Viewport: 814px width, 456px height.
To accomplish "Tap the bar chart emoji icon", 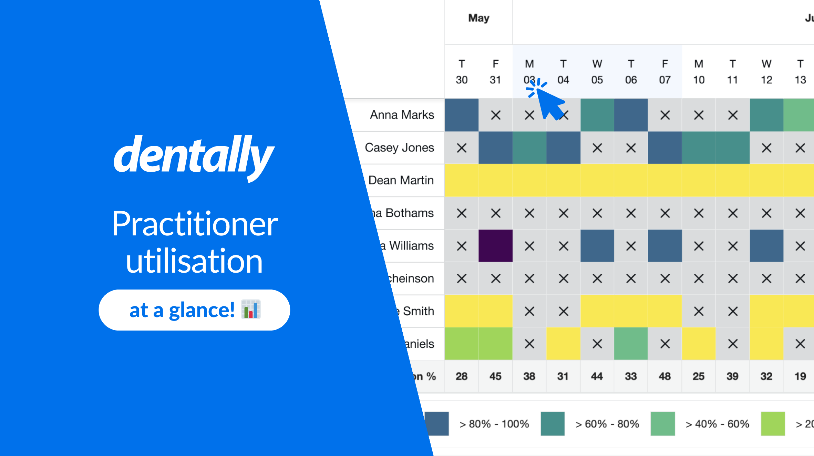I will tap(251, 310).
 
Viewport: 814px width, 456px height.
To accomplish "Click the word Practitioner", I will tap(195, 224).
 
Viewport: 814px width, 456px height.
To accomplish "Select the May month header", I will tap(478, 18).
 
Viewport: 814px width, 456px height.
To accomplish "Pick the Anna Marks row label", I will tap(402, 115).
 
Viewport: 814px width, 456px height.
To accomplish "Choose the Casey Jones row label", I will tap(399, 148).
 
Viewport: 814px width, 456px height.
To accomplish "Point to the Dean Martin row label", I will tap(401, 180).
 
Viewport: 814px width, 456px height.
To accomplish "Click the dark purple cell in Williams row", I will tap(495, 246).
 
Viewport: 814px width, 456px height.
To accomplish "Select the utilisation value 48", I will tap(664, 376).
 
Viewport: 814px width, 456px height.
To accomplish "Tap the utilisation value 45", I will tap(495, 376).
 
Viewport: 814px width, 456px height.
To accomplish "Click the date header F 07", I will tap(664, 72).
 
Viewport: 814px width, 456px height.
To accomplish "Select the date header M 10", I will tap(699, 72).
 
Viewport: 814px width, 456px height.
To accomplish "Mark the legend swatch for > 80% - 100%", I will tap(437, 424).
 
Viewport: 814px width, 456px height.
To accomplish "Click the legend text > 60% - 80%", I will tap(607, 424).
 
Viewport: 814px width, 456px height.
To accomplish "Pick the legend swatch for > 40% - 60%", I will tap(662, 424).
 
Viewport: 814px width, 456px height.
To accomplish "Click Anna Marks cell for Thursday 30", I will tap(462, 115).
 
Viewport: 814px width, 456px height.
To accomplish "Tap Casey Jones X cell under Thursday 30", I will tap(462, 148).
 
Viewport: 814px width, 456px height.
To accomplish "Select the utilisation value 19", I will tap(800, 376).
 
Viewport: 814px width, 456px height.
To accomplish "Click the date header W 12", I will tap(766, 72).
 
